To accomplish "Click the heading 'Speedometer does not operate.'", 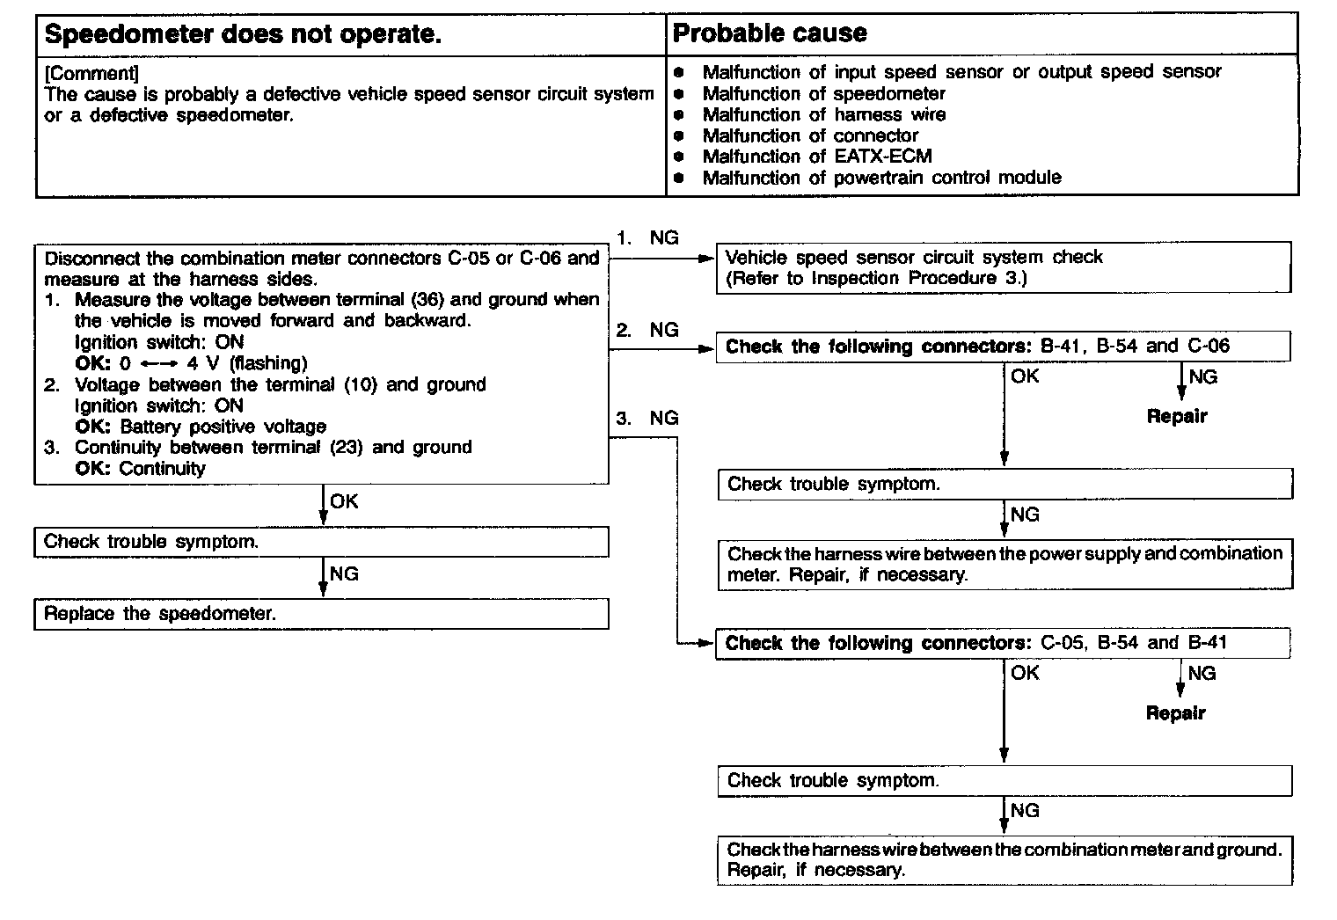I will [242, 34].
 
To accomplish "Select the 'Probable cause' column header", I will [770, 33].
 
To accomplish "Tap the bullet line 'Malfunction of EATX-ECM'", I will [816, 157].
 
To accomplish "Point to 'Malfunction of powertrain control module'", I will [881, 178].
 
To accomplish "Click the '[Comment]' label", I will [91, 73].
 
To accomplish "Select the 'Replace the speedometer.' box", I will [321, 614].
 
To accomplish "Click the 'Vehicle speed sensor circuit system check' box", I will [1004, 267].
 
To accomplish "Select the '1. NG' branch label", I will [647, 237].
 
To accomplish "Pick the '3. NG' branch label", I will [647, 418].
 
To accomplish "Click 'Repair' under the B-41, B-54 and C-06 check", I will [1177, 416].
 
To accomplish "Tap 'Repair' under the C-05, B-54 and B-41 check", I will [1176, 712].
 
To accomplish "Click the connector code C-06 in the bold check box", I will [1209, 346].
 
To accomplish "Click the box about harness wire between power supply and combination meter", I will [1005, 564].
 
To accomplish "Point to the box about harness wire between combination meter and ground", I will [1005, 860].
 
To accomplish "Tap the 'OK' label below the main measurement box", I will [344, 501].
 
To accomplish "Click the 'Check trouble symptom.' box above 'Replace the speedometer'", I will [321, 542].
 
